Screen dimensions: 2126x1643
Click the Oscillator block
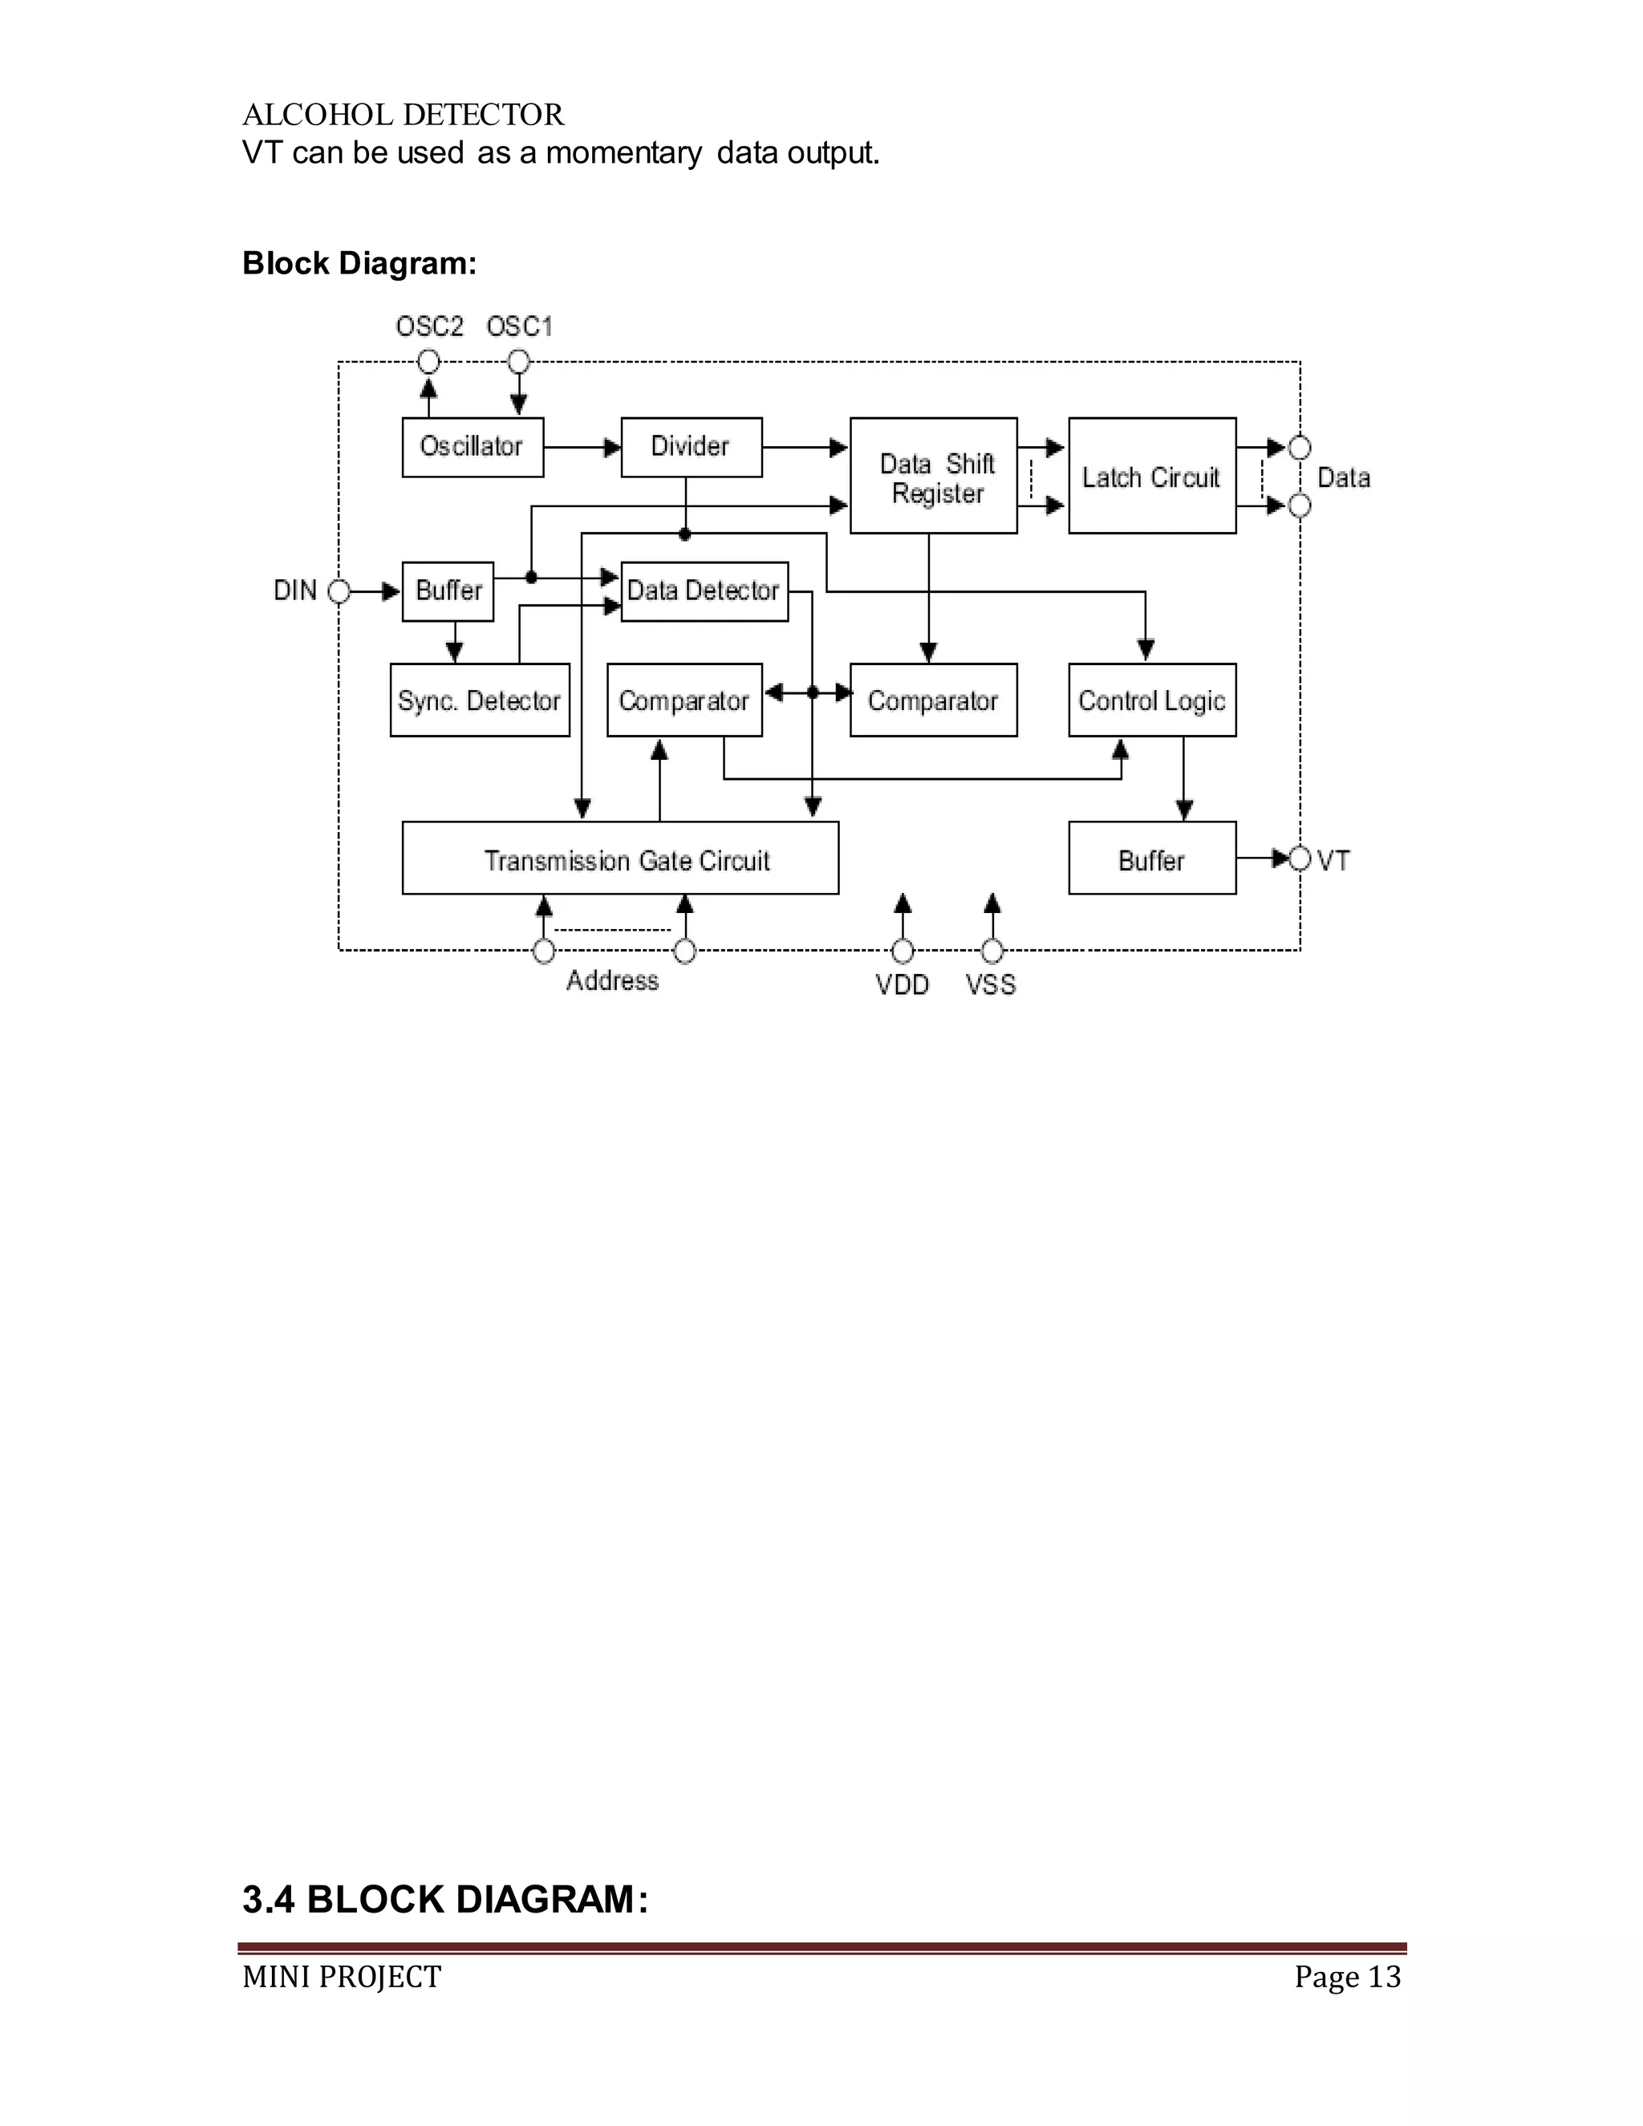coord(472,447)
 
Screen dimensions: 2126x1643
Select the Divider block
coord(691,447)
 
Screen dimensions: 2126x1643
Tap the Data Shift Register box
coord(934,476)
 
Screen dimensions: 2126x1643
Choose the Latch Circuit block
coord(1151,476)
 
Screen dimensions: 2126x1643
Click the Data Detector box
coord(704,591)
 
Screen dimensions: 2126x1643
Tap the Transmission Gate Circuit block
coord(620,858)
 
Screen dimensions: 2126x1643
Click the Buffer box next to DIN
coord(448,591)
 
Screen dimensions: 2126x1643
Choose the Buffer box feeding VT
coord(1151,858)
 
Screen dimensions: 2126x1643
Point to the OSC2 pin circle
coord(428,362)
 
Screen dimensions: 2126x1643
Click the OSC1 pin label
coord(520,326)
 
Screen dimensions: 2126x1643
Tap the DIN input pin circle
coord(339,591)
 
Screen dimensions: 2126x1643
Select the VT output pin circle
coord(1300,858)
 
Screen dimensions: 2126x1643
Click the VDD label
coord(903,985)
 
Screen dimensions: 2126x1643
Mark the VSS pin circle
coord(992,950)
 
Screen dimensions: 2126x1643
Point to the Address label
coord(612,980)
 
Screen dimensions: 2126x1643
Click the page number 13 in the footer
coord(1384,1977)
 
